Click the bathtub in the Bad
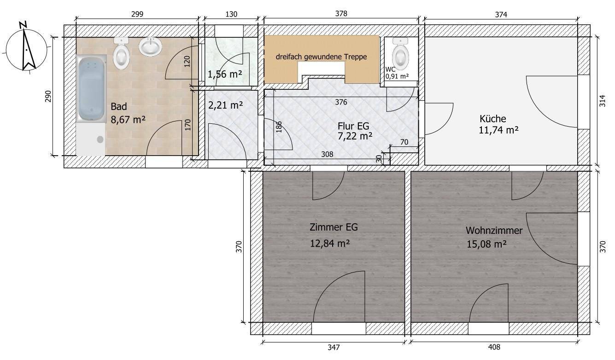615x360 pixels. pyautogui.click(x=91, y=88)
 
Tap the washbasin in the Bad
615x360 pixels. pyautogui.click(x=150, y=47)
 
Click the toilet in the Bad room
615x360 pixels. pyautogui.click(x=121, y=53)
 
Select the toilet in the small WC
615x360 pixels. pyautogui.click(x=400, y=53)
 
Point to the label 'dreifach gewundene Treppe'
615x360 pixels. pyautogui.click(x=321, y=57)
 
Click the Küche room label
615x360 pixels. pyautogui.click(x=493, y=119)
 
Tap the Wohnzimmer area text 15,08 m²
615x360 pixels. pyautogui.click(x=486, y=244)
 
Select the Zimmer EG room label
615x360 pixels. pyautogui.click(x=334, y=227)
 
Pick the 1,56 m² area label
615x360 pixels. pyautogui.click(x=225, y=74)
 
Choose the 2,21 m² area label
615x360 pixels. pyautogui.click(x=225, y=105)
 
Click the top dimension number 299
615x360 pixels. pyautogui.click(x=137, y=14)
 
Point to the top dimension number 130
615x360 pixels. pyautogui.click(x=231, y=14)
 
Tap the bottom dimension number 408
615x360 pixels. pyautogui.click(x=494, y=347)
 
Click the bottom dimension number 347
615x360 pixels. pyautogui.click(x=334, y=348)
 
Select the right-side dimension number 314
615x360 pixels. pyautogui.click(x=602, y=101)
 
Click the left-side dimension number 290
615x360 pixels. pyautogui.click(x=48, y=96)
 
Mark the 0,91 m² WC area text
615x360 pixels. pyautogui.click(x=397, y=76)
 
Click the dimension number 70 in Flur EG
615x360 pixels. pyautogui.click(x=404, y=142)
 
